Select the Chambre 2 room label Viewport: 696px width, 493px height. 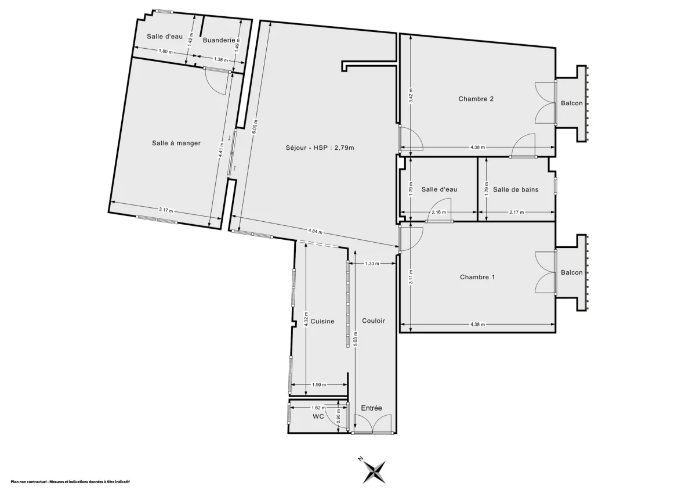tap(476, 99)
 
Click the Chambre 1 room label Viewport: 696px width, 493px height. tap(477, 277)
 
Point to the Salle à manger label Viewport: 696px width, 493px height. tap(176, 143)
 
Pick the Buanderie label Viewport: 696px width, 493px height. tap(219, 40)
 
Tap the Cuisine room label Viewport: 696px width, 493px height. tap(322, 321)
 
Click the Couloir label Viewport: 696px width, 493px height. tap(374, 321)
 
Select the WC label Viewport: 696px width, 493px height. tap(318, 416)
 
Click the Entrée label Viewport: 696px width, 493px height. tap(372, 408)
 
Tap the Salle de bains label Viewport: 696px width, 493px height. tap(516, 189)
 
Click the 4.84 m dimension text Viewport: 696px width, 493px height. tap(316, 232)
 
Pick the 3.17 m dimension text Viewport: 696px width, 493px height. tap(166, 210)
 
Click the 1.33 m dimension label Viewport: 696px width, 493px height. tap(372, 264)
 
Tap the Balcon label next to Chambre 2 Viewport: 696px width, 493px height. tap(571, 103)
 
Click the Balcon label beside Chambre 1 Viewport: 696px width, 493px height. tap(571, 273)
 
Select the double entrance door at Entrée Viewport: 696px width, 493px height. tap(372, 424)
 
